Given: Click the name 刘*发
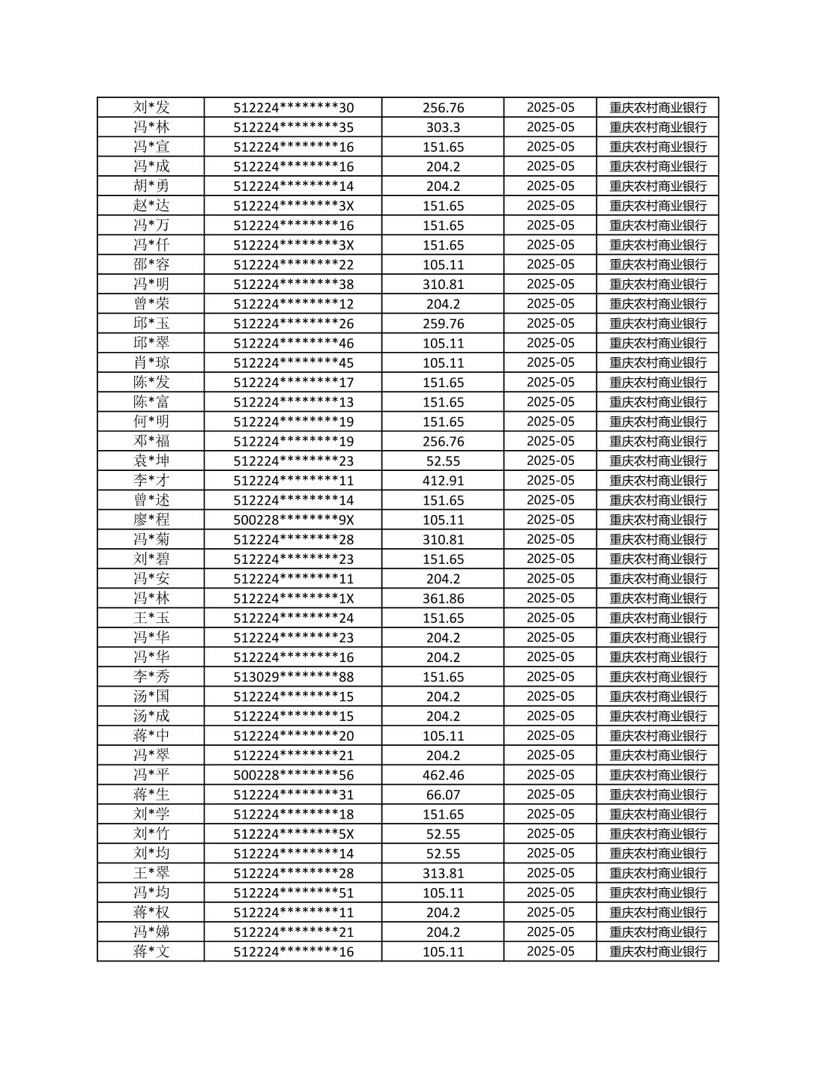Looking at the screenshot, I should click(x=151, y=107).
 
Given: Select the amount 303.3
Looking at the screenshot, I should click(x=443, y=127).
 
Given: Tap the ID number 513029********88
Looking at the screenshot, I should click(x=293, y=677).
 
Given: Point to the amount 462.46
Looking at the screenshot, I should click(x=443, y=775).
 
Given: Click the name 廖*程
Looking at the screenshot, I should click(x=151, y=520).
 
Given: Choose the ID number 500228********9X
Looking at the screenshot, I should click(x=293, y=520).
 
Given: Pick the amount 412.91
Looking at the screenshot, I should click(x=443, y=481).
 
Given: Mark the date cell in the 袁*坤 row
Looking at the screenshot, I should click(x=550, y=460).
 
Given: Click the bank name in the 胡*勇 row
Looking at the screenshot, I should click(x=657, y=186).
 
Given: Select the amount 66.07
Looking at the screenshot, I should click(x=443, y=794).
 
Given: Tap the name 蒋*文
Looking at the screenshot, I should click(x=151, y=952).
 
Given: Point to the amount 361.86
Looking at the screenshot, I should click(x=443, y=598).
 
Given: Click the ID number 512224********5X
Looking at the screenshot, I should click(x=293, y=834).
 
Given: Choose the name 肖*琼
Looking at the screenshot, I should click(x=151, y=362).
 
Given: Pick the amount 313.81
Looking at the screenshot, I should click(x=443, y=873).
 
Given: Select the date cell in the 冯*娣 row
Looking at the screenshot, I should click(x=550, y=931).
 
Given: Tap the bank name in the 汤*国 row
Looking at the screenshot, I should click(x=657, y=696).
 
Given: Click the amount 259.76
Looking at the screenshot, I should click(x=443, y=323).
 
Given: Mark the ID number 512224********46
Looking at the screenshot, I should click(x=293, y=343).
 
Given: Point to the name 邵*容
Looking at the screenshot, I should click(x=151, y=264).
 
